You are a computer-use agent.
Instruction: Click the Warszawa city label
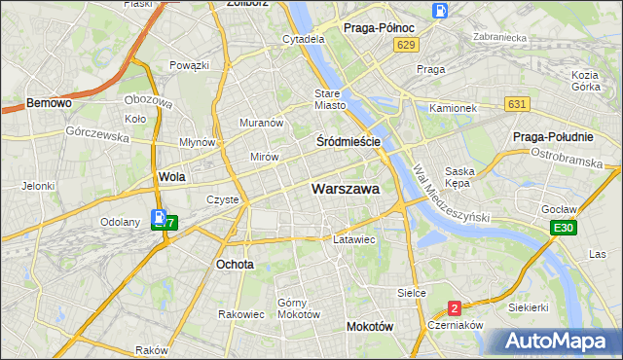[x=346, y=189]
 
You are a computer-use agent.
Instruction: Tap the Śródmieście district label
[x=348, y=141]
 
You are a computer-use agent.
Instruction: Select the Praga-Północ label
[x=379, y=28]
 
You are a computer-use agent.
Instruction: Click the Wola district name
[x=171, y=177]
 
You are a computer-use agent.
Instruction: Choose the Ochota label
[x=235, y=264]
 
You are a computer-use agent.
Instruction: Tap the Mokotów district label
[x=370, y=327]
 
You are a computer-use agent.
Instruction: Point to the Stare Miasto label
[x=330, y=99]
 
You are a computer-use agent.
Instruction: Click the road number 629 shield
[x=408, y=46]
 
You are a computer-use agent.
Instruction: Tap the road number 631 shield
[x=518, y=104]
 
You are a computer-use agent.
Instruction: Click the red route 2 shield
[x=455, y=308]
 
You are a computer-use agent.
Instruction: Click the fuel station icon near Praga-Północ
[x=440, y=13]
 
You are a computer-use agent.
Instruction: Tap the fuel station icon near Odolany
[x=159, y=219]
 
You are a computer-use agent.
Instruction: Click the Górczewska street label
[x=97, y=136]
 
